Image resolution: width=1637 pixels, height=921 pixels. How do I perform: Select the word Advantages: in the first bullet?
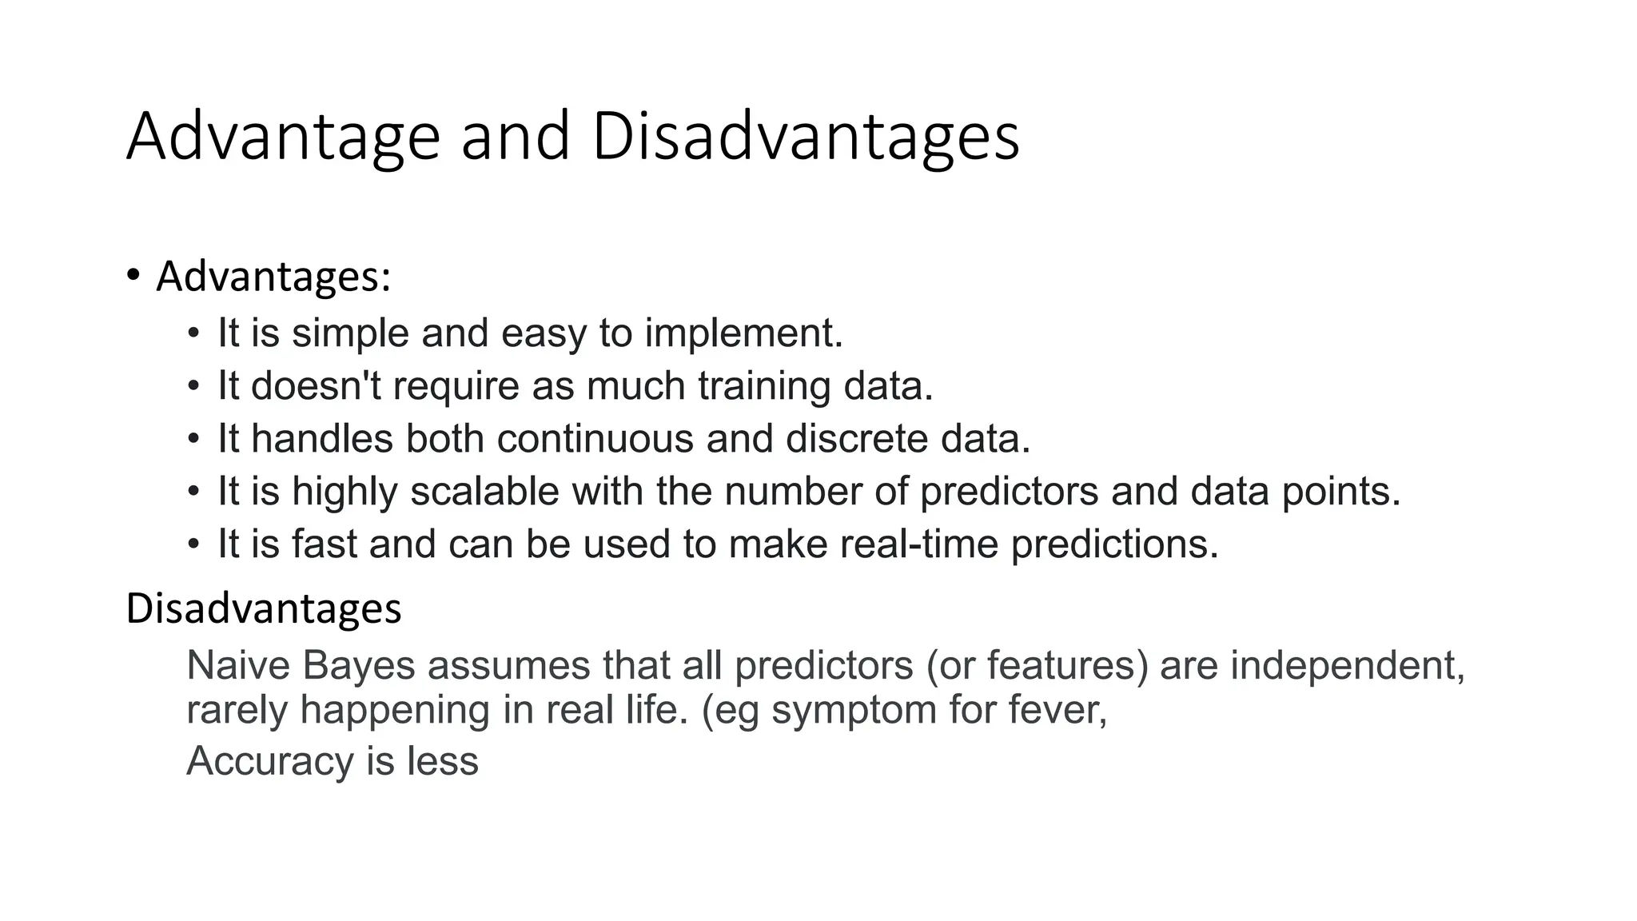(x=273, y=277)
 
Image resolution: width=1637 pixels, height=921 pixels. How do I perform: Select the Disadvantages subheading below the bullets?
(x=264, y=608)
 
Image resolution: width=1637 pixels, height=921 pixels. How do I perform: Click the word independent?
(x=1347, y=665)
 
